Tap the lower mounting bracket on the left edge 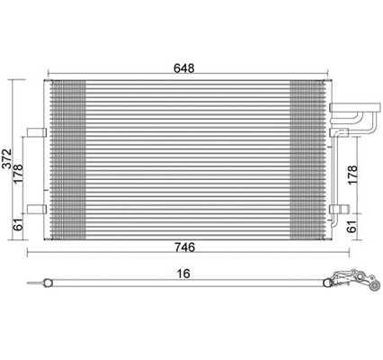(36, 210)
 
